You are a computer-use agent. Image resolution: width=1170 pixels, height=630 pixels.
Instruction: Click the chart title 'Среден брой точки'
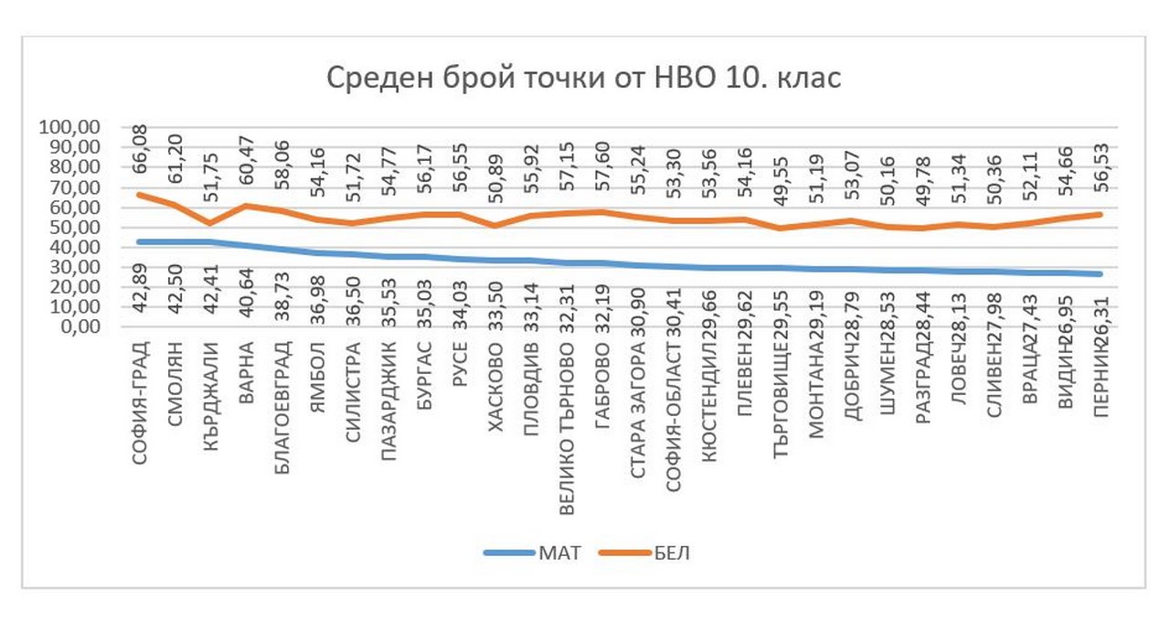tap(584, 79)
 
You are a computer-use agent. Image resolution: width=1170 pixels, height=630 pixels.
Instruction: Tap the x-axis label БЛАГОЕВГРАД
tap(283, 402)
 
